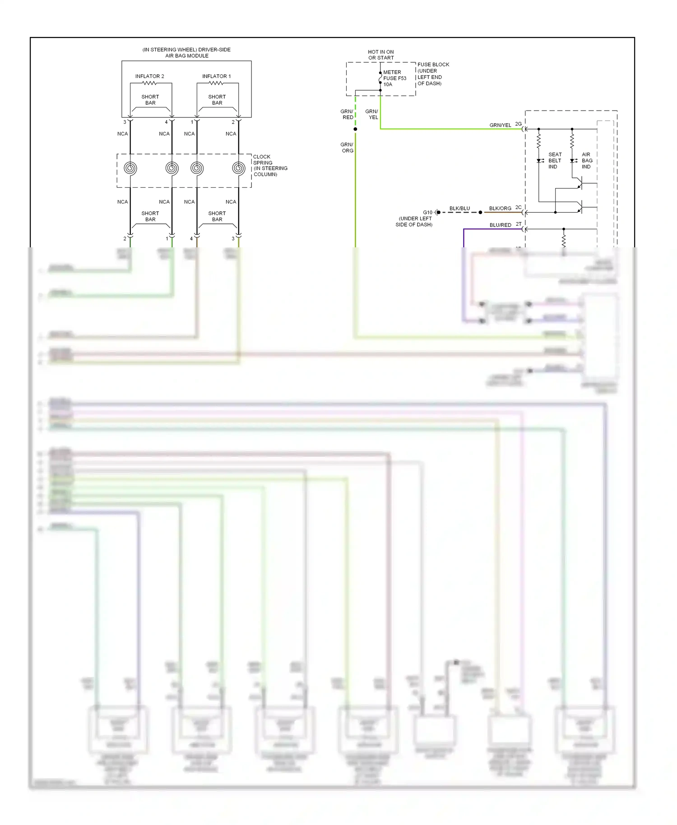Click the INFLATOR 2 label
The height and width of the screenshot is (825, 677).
149,76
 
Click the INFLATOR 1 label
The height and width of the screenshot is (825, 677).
216,76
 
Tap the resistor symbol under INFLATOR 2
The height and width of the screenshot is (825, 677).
149,83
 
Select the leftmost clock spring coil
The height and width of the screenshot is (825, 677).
130,168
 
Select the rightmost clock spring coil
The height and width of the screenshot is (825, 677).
238,168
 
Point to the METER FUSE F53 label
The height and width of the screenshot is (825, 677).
394,78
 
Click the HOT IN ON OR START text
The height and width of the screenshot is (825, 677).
381,55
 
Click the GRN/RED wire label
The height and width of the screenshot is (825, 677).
347,114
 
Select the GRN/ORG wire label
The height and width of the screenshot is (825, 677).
347,148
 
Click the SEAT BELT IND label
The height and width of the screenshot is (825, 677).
555,161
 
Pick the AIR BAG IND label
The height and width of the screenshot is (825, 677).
587,161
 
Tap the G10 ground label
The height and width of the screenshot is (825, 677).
427,212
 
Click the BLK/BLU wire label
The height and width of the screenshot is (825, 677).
459,209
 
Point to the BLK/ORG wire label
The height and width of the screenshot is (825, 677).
500,209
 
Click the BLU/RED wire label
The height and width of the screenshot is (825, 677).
500,225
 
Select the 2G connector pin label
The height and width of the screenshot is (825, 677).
518,124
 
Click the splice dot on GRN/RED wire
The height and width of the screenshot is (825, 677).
355,129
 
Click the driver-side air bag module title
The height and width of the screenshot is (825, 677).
186,53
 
